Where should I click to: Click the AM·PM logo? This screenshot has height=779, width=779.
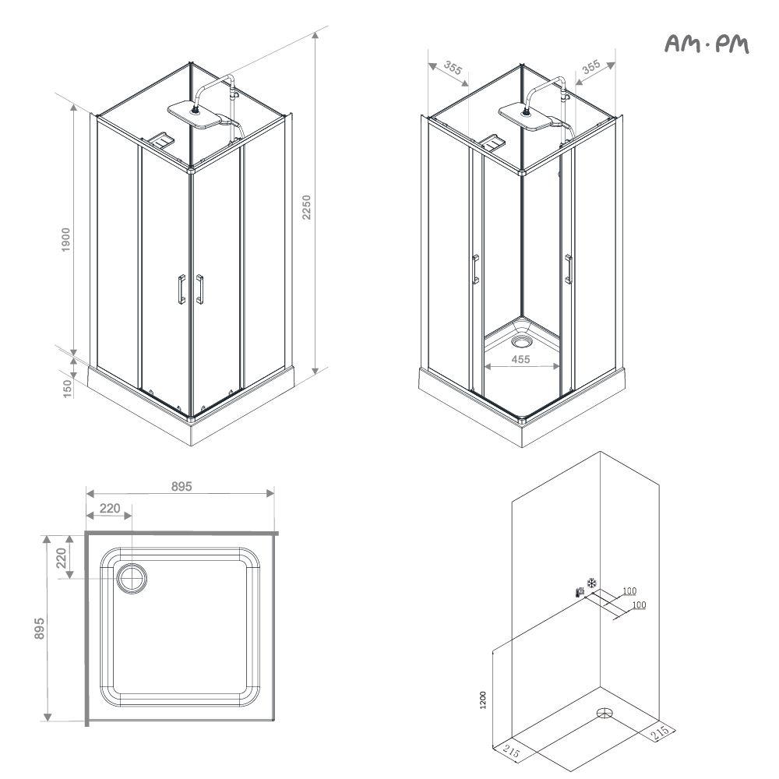pos(707,44)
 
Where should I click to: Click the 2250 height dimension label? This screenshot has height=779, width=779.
pos(306,207)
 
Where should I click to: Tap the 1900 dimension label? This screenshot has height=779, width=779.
pos(65,239)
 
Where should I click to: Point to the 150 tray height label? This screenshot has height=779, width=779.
pos(68,388)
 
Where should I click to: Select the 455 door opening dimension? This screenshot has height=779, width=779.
pos(520,358)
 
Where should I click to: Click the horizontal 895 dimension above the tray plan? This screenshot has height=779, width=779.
pos(182,486)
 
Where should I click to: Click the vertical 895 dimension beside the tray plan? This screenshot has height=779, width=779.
pos(39,629)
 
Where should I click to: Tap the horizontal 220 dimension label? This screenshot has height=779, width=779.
pos(110,508)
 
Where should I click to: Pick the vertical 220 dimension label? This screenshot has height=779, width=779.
pos(61,558)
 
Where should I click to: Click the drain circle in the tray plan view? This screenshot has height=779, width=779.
pos(132,579)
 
